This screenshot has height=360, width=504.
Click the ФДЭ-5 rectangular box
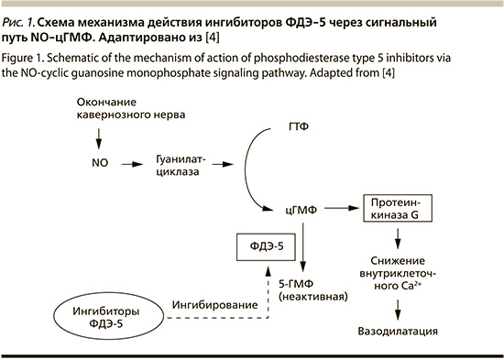tap(266, 246)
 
